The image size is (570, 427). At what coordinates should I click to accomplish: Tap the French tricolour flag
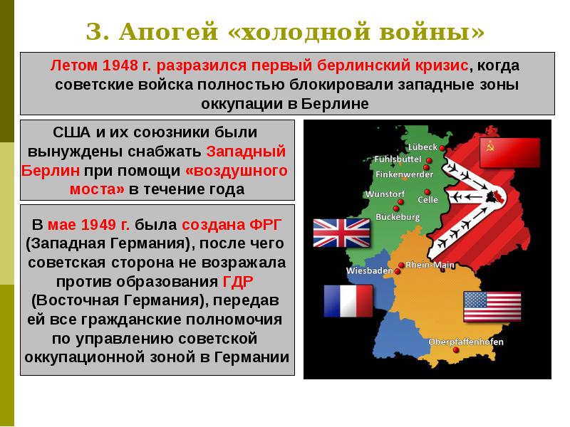348,300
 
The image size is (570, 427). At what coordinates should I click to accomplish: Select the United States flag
492,307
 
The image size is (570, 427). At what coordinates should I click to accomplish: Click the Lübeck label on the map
423,147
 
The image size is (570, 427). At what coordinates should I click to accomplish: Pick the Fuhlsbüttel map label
396,159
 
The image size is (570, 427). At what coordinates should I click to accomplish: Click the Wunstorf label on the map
385,194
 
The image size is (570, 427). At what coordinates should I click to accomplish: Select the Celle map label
427,200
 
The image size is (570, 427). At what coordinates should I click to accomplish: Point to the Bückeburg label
399,216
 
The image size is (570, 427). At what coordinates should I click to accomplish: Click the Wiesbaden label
369,271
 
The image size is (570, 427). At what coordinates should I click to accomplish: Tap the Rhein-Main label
430,265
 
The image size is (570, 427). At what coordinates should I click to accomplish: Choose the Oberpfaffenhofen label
466,342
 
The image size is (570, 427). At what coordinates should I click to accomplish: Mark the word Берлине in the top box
338,104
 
